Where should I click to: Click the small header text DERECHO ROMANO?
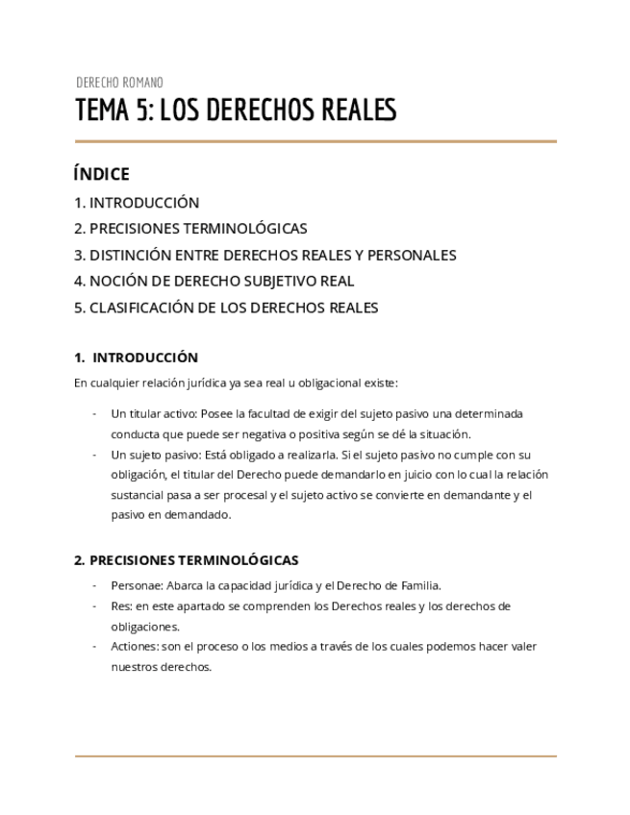(x=119, y=83)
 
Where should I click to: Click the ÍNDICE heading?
(x=101, y=174)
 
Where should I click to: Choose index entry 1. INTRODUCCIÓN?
(x=137, y=203)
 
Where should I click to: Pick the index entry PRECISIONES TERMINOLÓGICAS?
(x=198, y=229)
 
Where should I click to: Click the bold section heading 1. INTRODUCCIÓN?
(x=137, y=358)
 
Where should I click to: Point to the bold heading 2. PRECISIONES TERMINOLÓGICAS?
(x=187, y=560)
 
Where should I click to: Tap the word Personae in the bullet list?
(x=136, y=585)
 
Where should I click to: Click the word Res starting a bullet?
(x=120, y=606)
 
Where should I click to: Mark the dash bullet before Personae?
(x=94, y=585)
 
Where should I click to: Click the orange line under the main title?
(x=315, y=141)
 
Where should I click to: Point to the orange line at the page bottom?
(x=315, y=756)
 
